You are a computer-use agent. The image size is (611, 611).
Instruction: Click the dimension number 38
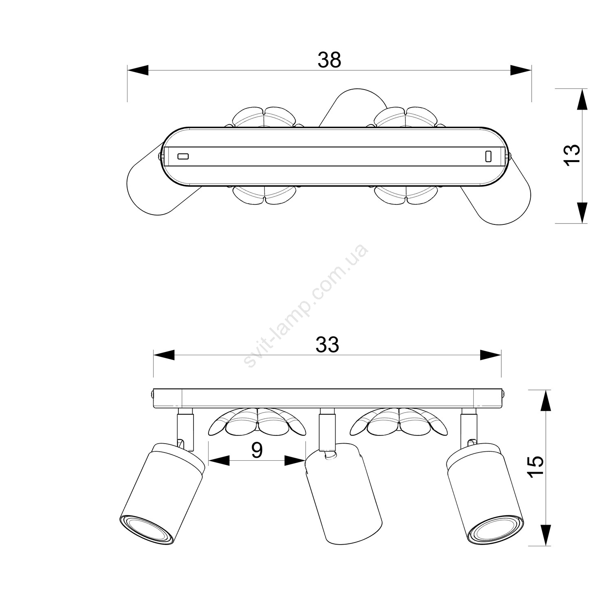(x=329, y=60)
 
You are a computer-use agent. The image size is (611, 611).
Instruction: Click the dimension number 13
(x=572, y=154)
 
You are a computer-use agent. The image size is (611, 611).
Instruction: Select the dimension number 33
(x=327, y=345)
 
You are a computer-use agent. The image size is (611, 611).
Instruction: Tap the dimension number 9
(x=257, y=450)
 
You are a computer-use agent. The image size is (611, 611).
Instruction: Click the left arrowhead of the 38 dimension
(x=138, y=70)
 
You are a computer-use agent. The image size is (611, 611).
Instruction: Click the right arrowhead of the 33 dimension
(x=490, y=355)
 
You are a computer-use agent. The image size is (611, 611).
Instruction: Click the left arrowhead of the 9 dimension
(x=219, y=461)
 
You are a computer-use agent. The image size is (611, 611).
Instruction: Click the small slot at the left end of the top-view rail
(x=183, y=156)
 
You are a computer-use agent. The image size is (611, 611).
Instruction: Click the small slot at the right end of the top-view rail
(x=488, y=156)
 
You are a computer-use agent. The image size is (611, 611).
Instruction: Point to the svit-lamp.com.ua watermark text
(x=305, y=305)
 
